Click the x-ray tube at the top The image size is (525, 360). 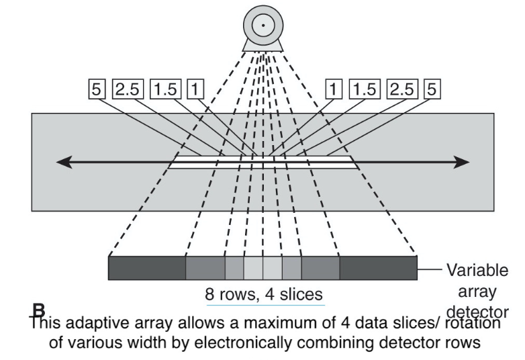[x=263, y=26]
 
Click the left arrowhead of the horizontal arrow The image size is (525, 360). [x=64, y=162]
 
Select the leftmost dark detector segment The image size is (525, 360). [x=147, y=268]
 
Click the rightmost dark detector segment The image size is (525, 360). [x=378, y=268]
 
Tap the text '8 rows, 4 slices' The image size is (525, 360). [x=262, y=294]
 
